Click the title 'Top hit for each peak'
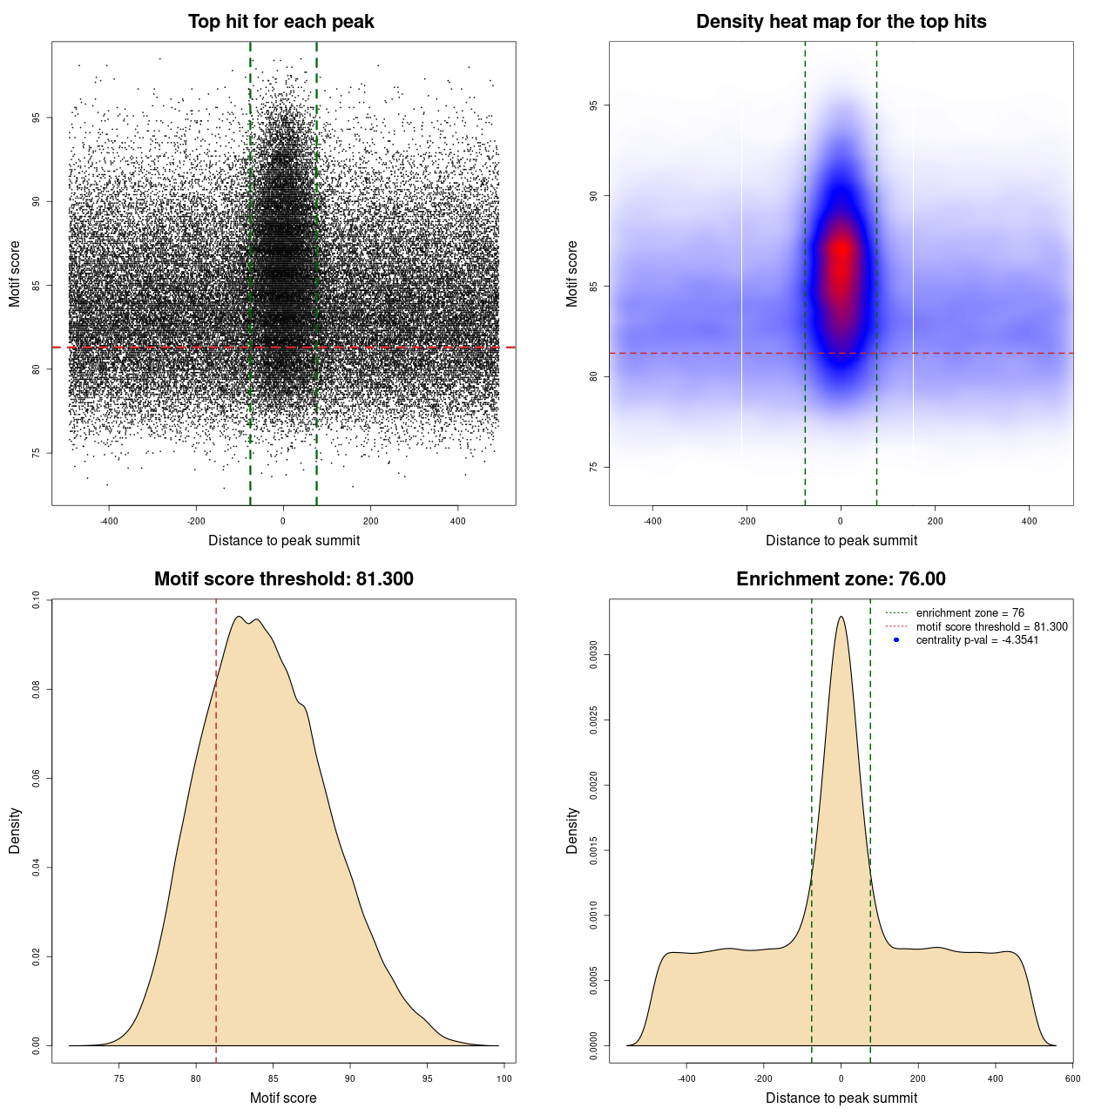point(280,22)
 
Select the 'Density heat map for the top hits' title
point(841,22)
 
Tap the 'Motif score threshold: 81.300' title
point(283,579)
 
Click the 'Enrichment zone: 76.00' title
point(841,579)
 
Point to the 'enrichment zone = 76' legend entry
point(970,613)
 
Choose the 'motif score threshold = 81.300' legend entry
point(991,626)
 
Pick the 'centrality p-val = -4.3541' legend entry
point(976,640)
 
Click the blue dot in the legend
point(896,640)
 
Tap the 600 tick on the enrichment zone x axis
point(1072,1078)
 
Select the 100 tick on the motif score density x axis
point(504,1078)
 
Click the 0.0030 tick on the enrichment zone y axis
point(593,655)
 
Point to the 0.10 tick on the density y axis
point(36,600)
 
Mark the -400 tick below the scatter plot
point(109,521)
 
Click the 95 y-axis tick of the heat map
point(593,105)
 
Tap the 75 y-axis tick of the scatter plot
point(36,453)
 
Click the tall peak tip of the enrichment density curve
point(841,617)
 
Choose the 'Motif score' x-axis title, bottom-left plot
point(283,1098)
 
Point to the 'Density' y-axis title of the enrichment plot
point(572,830)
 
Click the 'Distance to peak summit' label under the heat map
point(841,540)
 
